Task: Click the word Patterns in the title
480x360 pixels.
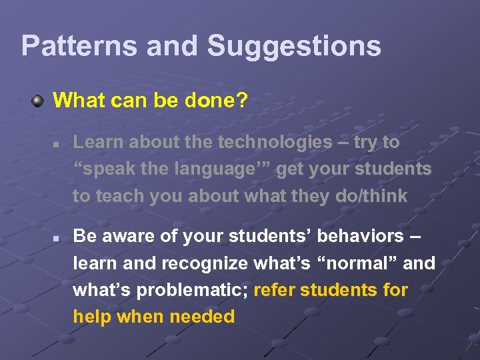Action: tap(77, 46)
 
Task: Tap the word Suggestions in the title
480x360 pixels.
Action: tap(294, 46)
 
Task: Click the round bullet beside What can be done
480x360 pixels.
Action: tap(39, 101)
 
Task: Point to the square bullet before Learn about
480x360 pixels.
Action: tap(57, 143)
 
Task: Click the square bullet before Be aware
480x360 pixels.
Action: tap(57, 237)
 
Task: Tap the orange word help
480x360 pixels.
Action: tap(92, 317)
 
